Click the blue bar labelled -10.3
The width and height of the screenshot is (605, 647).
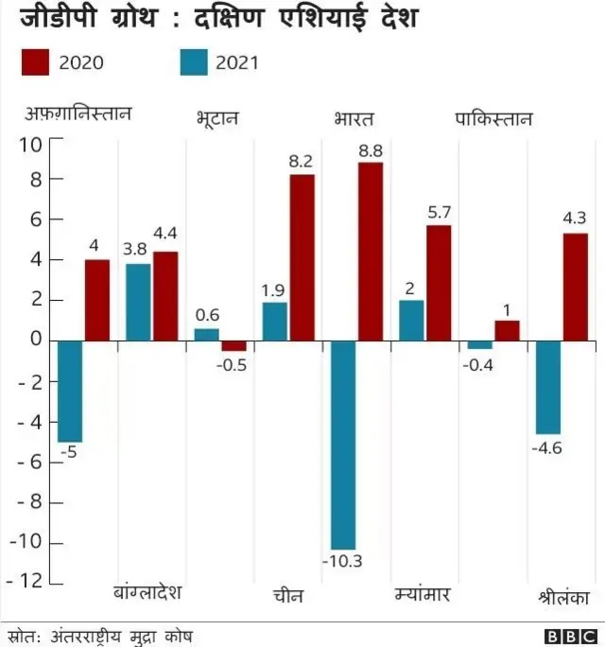(342, 445)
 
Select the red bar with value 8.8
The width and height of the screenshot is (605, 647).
(371, 252)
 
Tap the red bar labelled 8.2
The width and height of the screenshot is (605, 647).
(302, 257)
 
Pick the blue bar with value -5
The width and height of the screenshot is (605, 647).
(69, 391)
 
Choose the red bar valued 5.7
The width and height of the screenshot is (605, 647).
(439, 283)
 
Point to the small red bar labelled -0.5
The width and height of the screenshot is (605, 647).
(233, 345)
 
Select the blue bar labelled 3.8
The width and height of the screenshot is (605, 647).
(138, 302)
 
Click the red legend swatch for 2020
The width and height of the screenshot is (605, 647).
(34, 63)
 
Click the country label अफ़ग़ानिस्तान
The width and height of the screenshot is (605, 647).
(78, 115)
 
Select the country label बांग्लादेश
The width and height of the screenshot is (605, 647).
(147, 593)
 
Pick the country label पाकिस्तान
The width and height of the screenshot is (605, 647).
(493, 119)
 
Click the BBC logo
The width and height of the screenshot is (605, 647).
(571, 637)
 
